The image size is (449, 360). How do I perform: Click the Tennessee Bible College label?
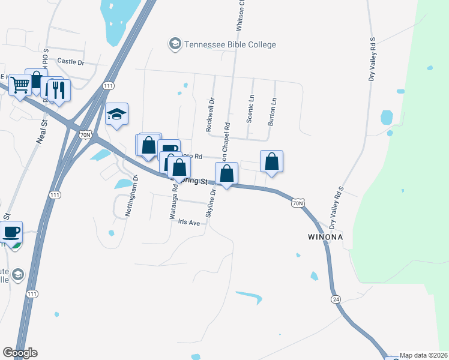tap(230, 44)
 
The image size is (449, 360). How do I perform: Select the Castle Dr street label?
tap(71, 61)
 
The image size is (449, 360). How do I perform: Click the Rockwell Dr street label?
tap(209, 115)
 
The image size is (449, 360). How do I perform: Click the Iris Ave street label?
tap(188, 221)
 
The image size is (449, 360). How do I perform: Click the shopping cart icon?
tap(20, 85)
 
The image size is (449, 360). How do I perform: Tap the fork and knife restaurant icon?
tap(58, 89)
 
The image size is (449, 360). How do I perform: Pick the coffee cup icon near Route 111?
tap(11, 232)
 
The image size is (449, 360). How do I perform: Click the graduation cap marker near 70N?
tap(116, 114)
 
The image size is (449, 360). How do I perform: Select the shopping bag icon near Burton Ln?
tap(271, 161)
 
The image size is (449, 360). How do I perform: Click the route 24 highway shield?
tap(335, 299)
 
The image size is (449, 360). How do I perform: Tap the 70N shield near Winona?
tap(298, 203)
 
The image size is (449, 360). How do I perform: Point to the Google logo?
tap(20, 353)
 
